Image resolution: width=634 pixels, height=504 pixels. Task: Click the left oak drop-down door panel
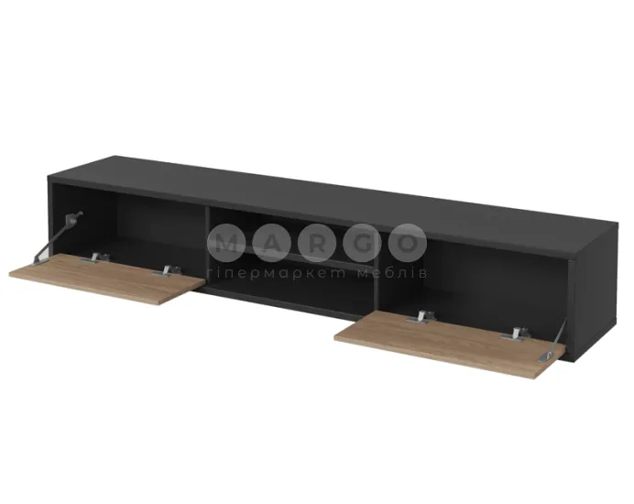pos(107,279)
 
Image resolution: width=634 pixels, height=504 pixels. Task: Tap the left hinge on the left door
pos(95,258)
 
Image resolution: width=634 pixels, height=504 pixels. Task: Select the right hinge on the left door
pos(168,271)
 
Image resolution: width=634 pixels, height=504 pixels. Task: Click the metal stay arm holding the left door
pos(58,237)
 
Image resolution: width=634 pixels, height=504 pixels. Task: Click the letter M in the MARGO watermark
pos(226,243)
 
